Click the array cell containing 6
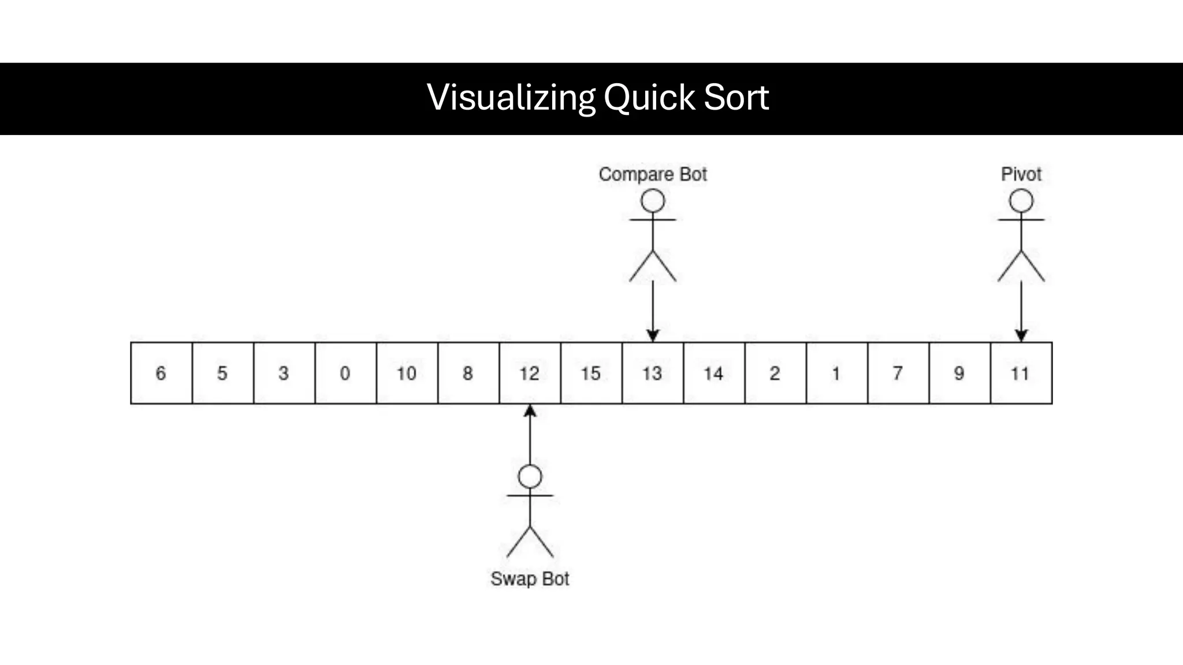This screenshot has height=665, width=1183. click(161, 373)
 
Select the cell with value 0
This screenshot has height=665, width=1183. click(345, 373)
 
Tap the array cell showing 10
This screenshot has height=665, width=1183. click(407, 373)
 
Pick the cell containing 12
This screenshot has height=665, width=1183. click(530, 373)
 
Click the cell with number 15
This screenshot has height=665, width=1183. click(591, 373)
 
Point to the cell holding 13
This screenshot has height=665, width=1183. click(653, 373)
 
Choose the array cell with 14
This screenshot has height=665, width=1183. click(714, 373)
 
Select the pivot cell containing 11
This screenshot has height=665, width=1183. click(1021, 373)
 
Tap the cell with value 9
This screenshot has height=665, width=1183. click(959, 373)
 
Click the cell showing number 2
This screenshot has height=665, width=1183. click(775, 373)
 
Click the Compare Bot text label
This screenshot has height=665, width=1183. click(653, 174)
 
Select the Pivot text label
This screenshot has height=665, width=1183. click(1021, 174)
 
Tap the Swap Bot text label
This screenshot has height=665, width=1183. click(530, 578)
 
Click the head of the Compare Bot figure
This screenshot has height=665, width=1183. click(653, 201)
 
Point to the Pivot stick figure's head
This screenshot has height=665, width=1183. click(1021, 201)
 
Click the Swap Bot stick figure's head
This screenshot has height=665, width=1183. click(530, 477)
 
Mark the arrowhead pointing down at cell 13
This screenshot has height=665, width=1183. click(653, 335)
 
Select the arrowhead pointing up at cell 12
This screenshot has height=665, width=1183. click(530, 411)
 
